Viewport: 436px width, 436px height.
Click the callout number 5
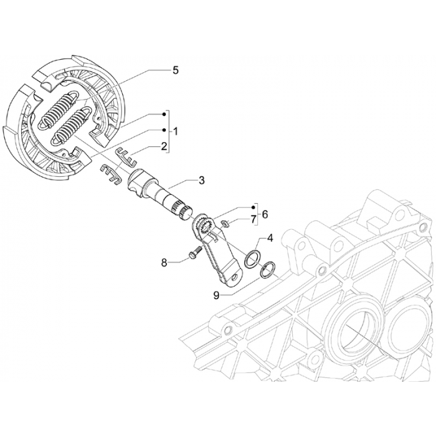[x=176, y=70]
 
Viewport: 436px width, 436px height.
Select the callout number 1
[x=176, y=131]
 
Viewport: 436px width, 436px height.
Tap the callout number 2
[x=164, y=146]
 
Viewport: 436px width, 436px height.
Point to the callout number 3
[x=201, y=181]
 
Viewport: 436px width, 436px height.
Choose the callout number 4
[x=270, y=237]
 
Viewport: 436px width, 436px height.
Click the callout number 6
[x=265, y=214]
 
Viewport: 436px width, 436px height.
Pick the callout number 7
[x=254, y=220]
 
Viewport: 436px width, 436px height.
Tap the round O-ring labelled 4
[x=252, y=257]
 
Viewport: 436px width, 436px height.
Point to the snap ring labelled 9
[x=268, y=270]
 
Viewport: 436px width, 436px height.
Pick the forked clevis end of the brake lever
[x=232, y=273]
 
